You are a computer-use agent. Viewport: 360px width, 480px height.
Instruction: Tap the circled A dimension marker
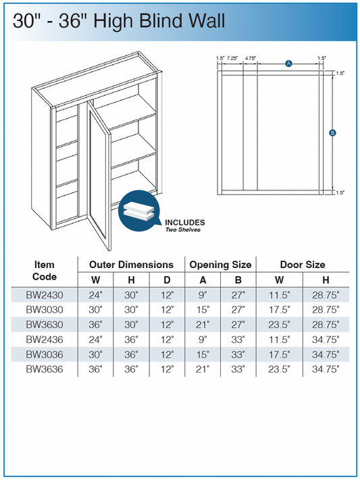pos(288,63)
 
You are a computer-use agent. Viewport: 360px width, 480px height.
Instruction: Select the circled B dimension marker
pos(332,133)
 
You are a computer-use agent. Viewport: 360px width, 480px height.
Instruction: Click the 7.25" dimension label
pos(232,58)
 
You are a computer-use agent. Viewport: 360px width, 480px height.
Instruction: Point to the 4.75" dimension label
pos(251,58)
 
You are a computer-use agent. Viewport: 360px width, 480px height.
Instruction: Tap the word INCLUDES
pos(185,223)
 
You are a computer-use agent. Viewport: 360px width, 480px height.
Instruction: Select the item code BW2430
pos(45,295)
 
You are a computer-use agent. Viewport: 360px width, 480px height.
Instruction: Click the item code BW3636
pos(45,369)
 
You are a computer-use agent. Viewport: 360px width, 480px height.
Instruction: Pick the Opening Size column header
pos(220,265)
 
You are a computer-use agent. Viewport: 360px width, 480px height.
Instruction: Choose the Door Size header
pos(303,265)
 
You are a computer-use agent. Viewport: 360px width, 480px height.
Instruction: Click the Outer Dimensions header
pos(131,265)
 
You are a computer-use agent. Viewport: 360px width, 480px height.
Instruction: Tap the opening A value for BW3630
pos(203,325)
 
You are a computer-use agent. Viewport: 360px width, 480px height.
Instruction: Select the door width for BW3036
pos(280,354)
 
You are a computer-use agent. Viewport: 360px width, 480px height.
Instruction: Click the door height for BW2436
pos(326,340)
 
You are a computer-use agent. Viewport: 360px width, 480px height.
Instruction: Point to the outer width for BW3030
pos(96,309)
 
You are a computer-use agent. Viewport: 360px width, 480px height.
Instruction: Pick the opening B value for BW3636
pos(238,369)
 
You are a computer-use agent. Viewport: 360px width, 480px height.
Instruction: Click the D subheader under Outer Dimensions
pos(167,279)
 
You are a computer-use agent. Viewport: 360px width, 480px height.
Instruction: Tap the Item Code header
pos(45,271)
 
